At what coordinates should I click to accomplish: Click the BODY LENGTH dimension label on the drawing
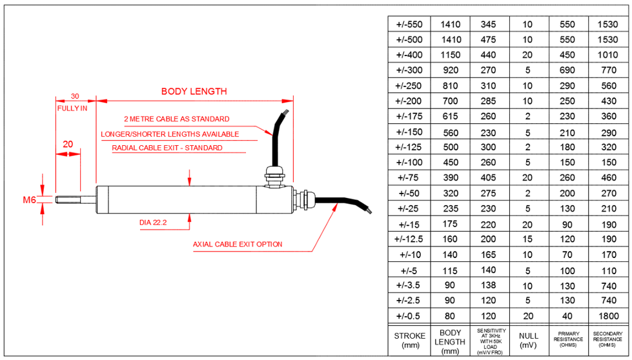click(x=194, y=91)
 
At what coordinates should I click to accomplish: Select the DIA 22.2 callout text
click(x=152, y=223)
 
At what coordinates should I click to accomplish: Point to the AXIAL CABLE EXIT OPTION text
click(x=238, y=245)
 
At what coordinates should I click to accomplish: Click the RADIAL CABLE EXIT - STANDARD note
click(x=167, y=148)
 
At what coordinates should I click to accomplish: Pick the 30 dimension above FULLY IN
click(x=75, y=96)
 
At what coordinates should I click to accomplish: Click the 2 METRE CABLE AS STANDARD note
click(x=176, y=119)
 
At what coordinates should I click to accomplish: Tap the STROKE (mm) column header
click(x=410, y=340)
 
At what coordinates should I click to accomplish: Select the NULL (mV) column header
click(x=528, y=340)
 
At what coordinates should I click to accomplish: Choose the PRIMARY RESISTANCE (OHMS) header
click(x=568, y=339)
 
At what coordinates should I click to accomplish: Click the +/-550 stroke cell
click(x=409, y=25)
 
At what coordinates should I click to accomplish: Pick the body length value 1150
click(x=450, y=55)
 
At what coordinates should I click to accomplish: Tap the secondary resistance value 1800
click(x=607, y=316)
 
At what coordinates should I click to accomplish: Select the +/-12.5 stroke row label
click(x=409, y=239)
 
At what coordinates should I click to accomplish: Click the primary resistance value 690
click(x=567, y=70)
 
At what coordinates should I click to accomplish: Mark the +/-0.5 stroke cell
click(x=409, y=316)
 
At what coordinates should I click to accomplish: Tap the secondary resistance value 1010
click(x=607, y=55)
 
